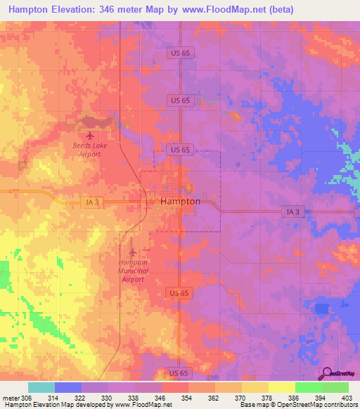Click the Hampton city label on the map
point(181,201)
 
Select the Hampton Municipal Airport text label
point(133,271)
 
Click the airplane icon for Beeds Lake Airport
point(89,134)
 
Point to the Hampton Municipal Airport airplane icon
point(134,252)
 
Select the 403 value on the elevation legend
point(345,397)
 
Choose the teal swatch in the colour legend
point(41,387)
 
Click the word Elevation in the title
point(70,10)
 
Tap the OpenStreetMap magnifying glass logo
point(326,373)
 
